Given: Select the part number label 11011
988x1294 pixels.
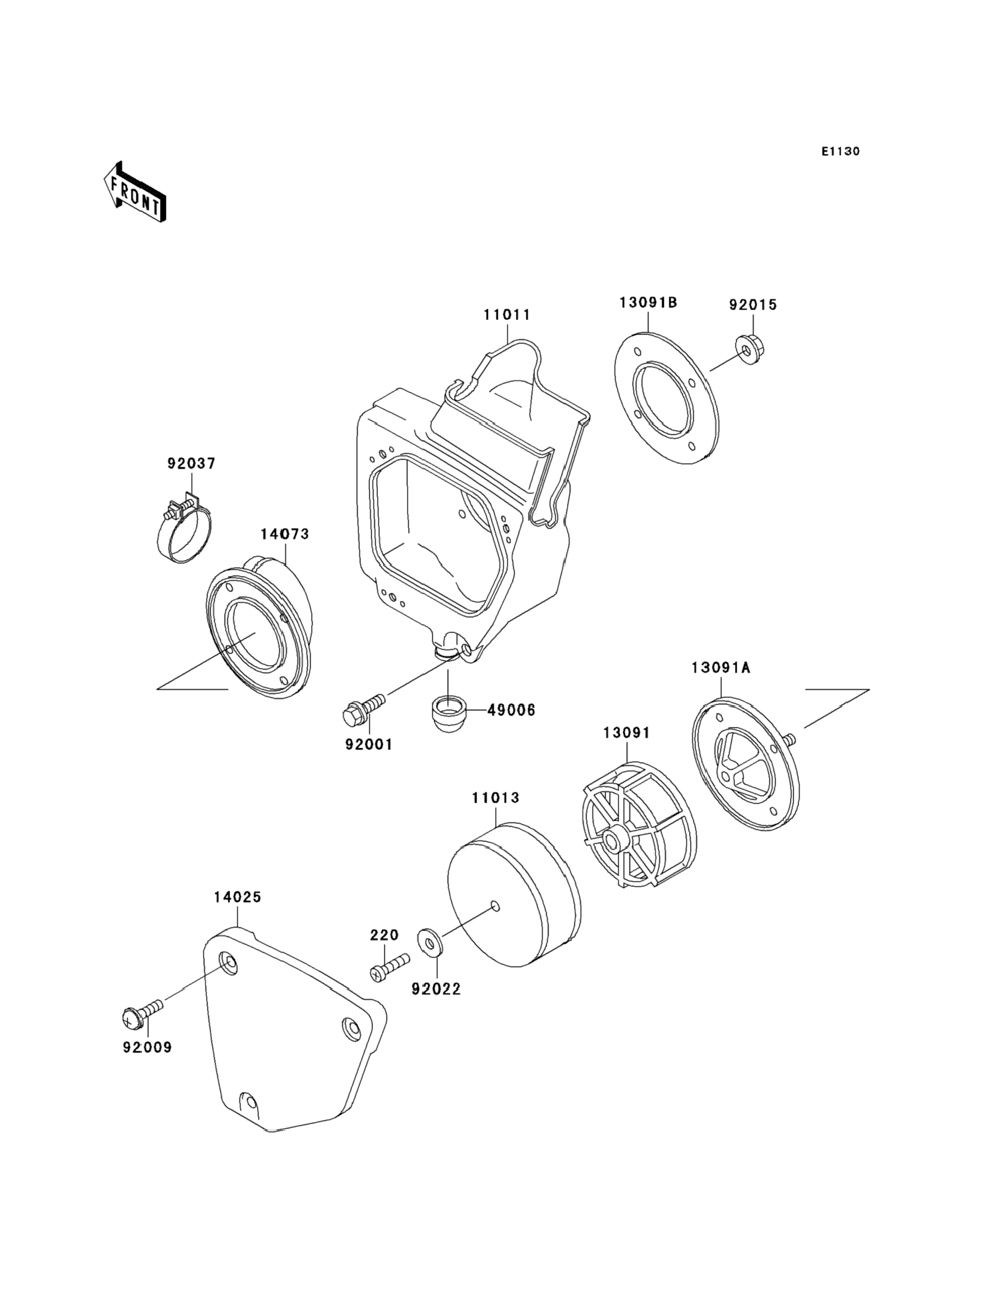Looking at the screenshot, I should (507, 315).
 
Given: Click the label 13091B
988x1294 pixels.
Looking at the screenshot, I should (648, 303).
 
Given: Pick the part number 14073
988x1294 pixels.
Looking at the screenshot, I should (285, 534).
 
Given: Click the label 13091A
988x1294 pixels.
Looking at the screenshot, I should (721, 668).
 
